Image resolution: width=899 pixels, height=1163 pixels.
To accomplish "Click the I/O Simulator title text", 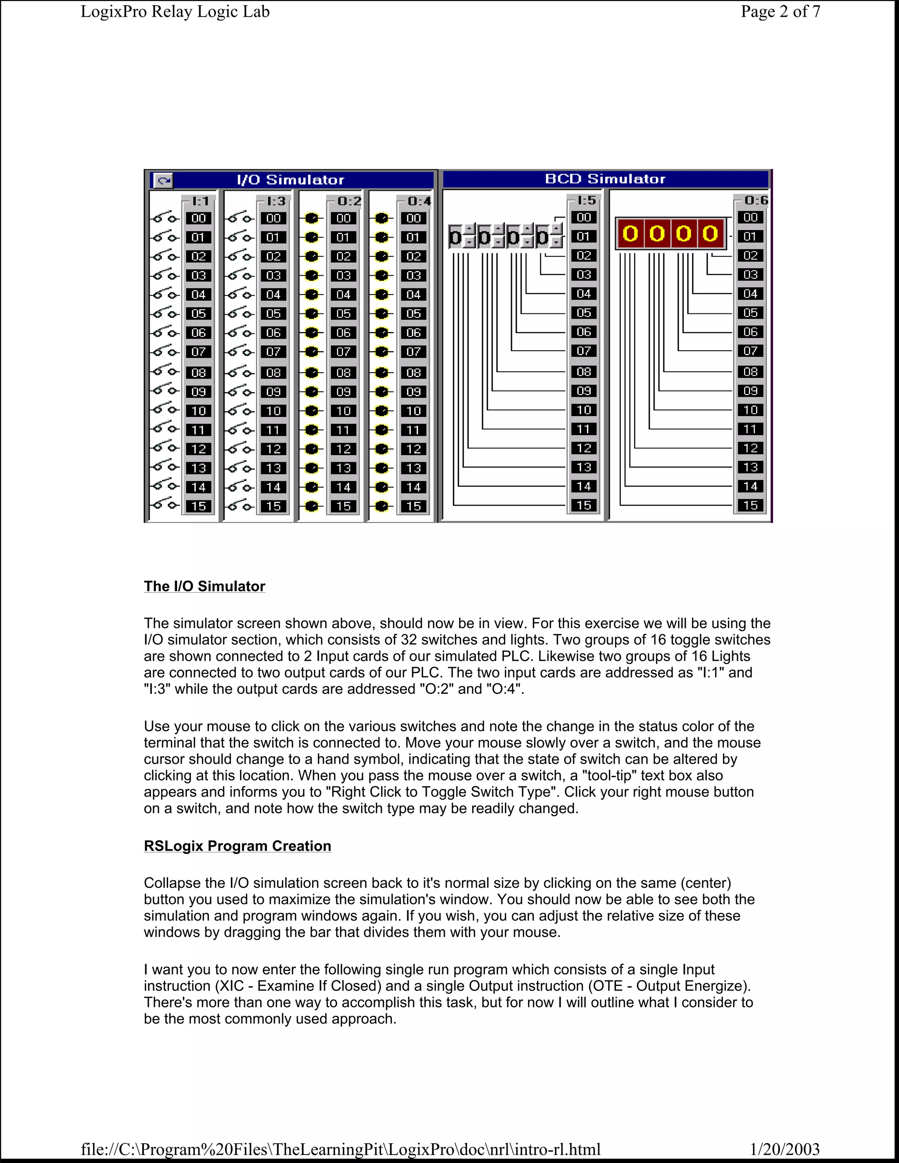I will pyautogui.click(x=290, y=180).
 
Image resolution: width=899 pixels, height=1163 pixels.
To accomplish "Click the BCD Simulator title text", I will pyautogui.click(x=605, y=179).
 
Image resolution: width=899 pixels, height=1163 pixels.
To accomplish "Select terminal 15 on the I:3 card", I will pyautogui.click(x=273, y=506).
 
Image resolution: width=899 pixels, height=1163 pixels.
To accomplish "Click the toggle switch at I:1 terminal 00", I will pyautogui.click(x=163, y=218).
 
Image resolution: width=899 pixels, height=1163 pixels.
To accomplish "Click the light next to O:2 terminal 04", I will pyautogui.click(x=312, y=294).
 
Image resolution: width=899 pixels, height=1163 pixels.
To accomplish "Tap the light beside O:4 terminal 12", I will pyautogui.click(x=381, y=449).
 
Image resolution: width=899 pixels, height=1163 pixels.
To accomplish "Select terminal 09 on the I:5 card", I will pyautogui.click(x=584, y=391).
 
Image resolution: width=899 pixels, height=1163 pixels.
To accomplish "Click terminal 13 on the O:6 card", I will pyautogui.click(x=750, y=467).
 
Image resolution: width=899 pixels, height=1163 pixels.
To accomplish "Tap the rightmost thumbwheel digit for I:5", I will pyautogui.click(x=542, y=237).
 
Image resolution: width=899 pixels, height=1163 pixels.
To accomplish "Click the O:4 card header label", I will pyautogui.click(x=419, y=201).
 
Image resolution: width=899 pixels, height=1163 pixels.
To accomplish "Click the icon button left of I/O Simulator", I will pyautogui.click(x=163, y=180).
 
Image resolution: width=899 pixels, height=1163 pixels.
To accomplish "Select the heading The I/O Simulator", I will pyautogui.click(x=205, y=586).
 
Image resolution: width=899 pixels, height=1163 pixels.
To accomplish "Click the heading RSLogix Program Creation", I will pyautogui.click(x=237, y=846).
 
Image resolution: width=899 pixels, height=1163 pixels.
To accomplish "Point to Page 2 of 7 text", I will pyautogui.click(x=780, y=12).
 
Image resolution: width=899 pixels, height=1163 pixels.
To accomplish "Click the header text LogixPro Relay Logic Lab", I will pyautogui.click(x=175, y=12).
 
